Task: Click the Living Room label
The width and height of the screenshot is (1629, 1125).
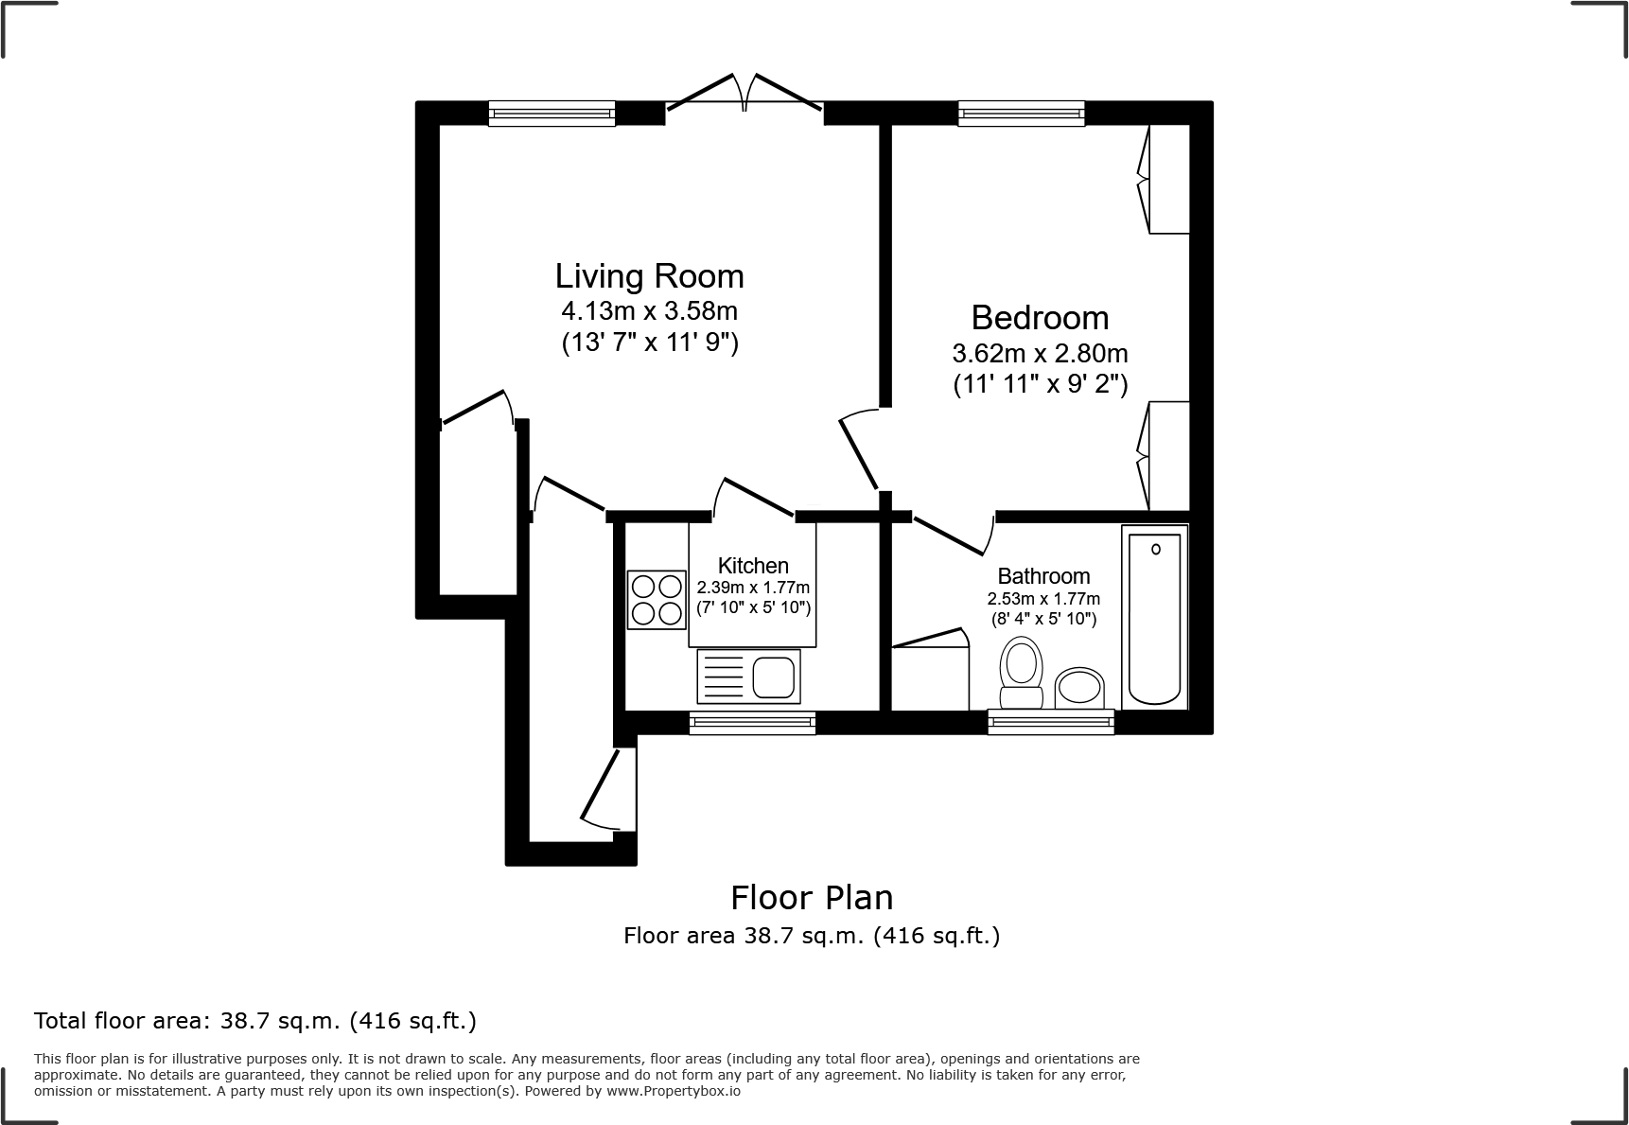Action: [x=649, y=276]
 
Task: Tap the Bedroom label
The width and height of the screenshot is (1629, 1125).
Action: [x=1040, y=318]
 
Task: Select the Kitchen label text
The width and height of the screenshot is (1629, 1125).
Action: [x=753, y=566]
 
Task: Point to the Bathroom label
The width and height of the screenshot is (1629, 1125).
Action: [x=1043, y=576]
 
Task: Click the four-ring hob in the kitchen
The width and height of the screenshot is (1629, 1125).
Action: [x=657, y=600]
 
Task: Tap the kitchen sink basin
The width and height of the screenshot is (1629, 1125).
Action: [x=774, y=677]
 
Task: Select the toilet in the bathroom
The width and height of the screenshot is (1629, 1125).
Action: [x=1021, y=673]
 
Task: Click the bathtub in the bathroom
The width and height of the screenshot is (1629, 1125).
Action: [x=1154, y=619]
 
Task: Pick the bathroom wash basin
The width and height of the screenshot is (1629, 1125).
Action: [x=1079, y=689]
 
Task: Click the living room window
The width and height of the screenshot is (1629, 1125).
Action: [x=552, y=114]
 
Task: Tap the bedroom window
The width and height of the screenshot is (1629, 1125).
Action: [x=1022, y=114]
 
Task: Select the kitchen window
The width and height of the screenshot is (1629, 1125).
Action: [x=753, y=723]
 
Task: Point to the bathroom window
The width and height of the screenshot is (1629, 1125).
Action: [x=1051, y=723]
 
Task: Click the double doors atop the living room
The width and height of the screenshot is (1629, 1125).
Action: [x=744, y=93]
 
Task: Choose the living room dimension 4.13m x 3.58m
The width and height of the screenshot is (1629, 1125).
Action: [x=649, y=310]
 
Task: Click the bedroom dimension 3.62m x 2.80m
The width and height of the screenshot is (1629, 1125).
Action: [x=1040, y=354]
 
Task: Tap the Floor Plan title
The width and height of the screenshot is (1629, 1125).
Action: [x=812, y=897]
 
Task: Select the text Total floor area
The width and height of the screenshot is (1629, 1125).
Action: [x=119, y=1021]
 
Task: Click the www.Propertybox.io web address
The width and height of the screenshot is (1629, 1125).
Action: [x=673, y=1091]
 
